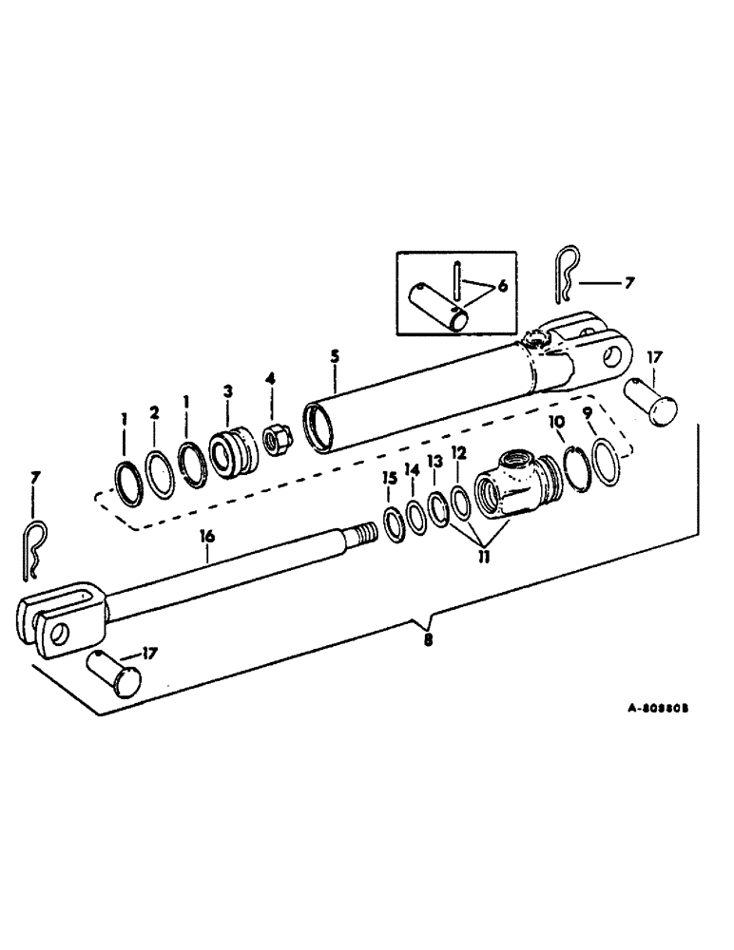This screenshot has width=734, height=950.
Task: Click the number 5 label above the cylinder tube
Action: pyautogui.click(x=335, y=359)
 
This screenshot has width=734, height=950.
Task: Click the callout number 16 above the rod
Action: pyautogui.click(x=206, y=537)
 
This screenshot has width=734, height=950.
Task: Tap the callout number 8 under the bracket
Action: pyautogui.click(x=428, y=639)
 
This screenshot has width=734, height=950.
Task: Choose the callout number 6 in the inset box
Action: pyautogui.click(x=502, y=285)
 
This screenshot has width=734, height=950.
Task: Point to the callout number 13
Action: pyautogui.click(x=435, y=460)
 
